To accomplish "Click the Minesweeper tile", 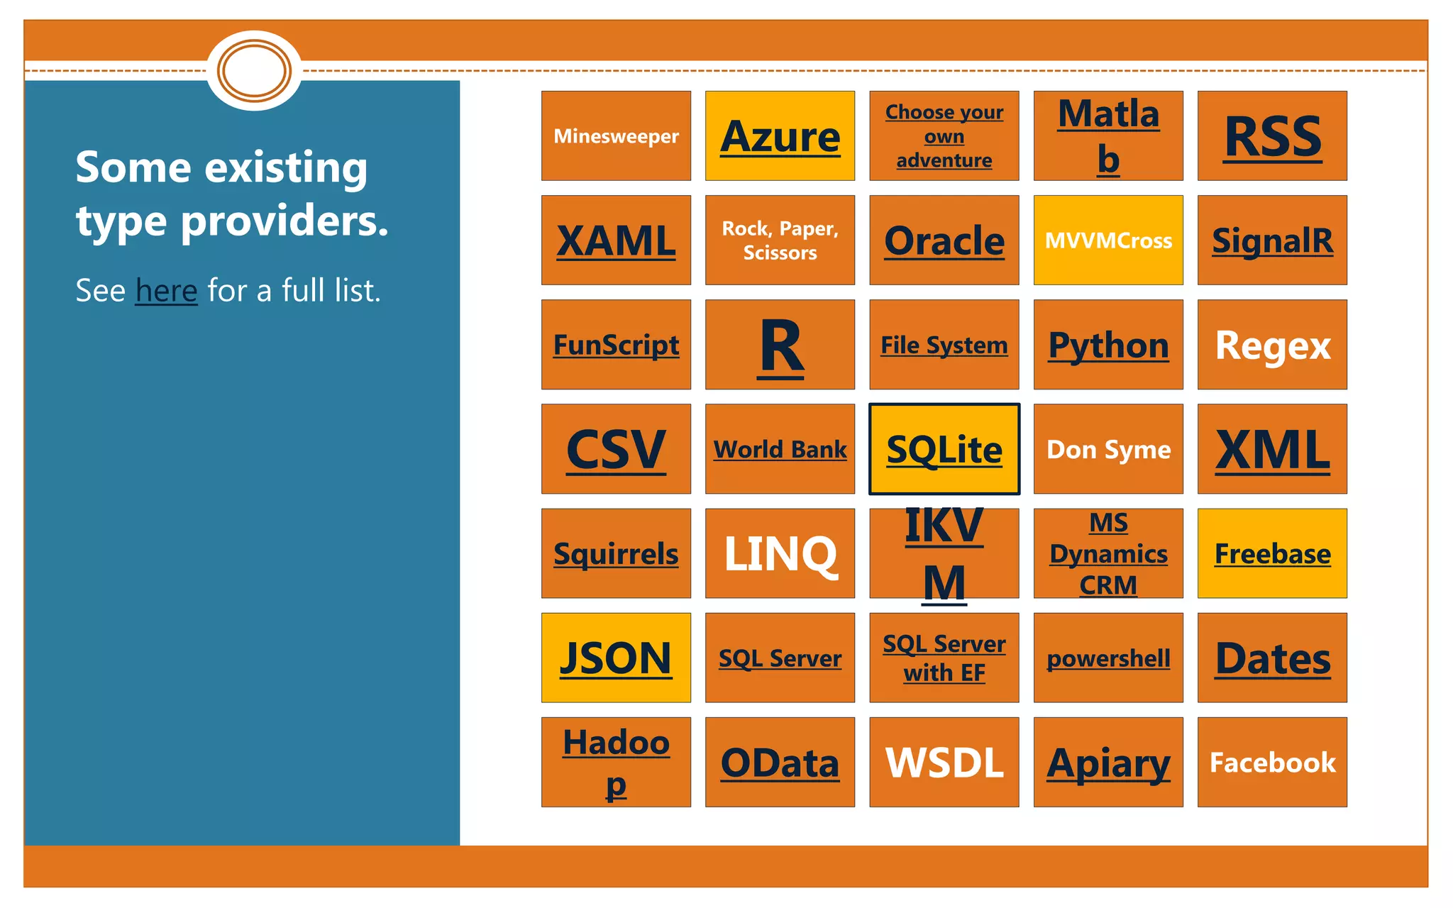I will (x=616, y=135).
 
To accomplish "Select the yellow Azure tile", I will (x=780, y=135).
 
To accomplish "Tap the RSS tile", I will (x=1272, y=135).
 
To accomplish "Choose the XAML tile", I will (x=616, y=240).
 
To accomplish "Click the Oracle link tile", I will (x=944, y=240).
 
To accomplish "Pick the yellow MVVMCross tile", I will (x=1108, y=240).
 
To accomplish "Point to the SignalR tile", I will (x=1272, y=240).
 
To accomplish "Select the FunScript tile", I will (x=616, y=345).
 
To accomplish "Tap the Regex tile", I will (x=1272, y=345).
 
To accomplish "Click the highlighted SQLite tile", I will (x=944, y=449).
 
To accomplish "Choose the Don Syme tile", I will (x=1108, y=449).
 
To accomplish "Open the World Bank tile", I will (x=780, y=449).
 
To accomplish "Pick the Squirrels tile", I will (x=616, y=553).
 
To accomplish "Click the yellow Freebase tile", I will (x=1272, y=553).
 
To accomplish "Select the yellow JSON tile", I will (x=616, y=658).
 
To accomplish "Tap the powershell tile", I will (x=1108, y=658).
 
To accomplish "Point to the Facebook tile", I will (x=1272, y=762).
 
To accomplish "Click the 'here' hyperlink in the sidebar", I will (x=166, y=291).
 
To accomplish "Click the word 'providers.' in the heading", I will (x=284, y=221).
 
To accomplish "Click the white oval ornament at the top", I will (x=254, y=71).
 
